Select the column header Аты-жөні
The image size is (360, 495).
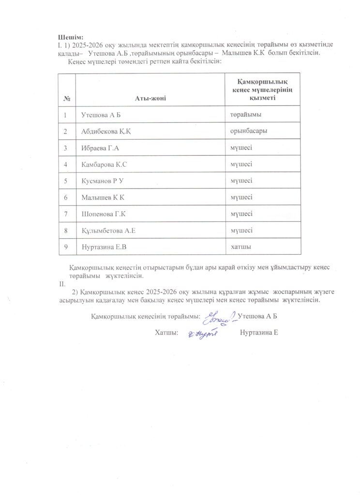tap(150, 99)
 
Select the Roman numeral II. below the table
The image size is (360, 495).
tap(60, 284)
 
